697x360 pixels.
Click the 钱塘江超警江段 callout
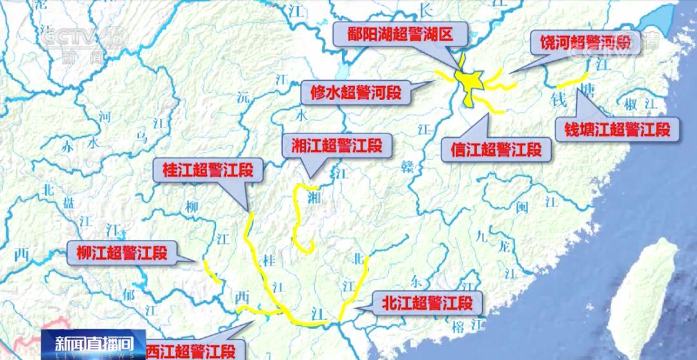618,129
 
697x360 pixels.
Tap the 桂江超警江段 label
203,170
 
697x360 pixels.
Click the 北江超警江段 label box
427,302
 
